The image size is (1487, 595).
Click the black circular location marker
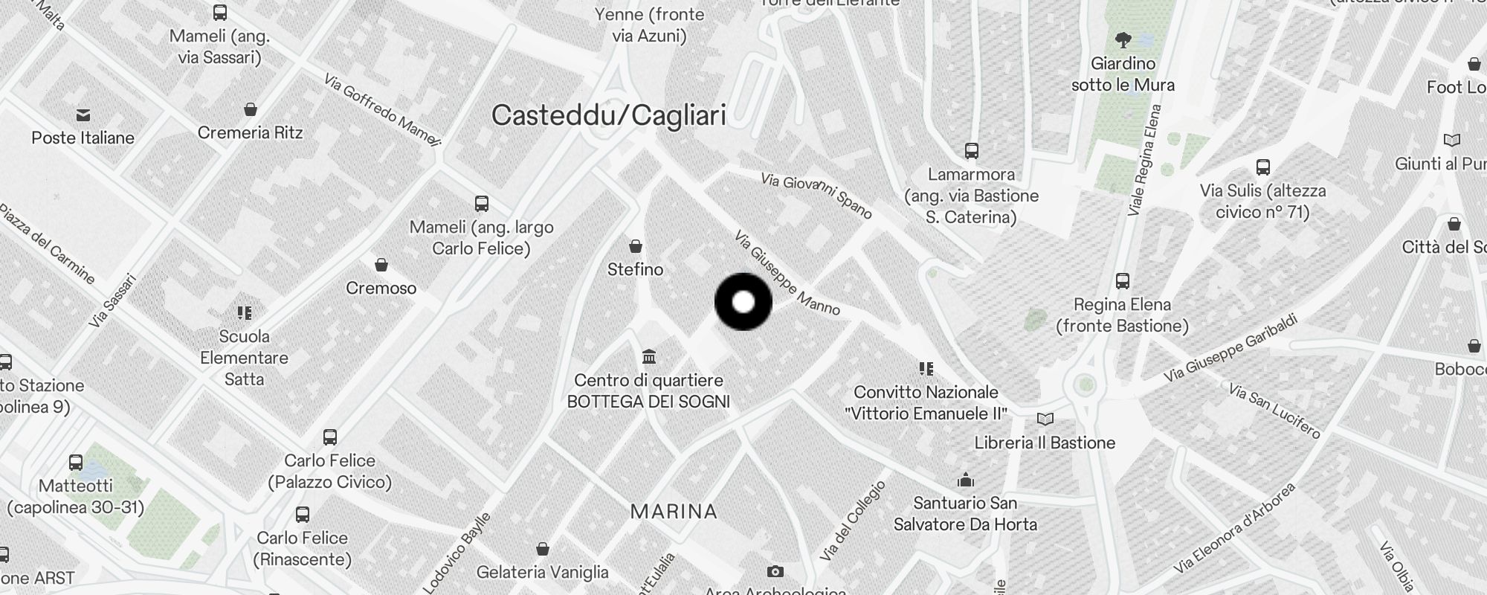coord(743,302)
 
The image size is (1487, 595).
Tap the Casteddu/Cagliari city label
coord(608,115)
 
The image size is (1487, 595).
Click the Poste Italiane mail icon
coord(83,115)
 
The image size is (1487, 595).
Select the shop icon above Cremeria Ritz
coord(251,110)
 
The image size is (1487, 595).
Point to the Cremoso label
coord(381,288)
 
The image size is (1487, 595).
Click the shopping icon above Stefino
coord(636,246)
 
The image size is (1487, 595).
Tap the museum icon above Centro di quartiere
coord(649,357)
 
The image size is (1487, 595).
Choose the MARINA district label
coord(674,512)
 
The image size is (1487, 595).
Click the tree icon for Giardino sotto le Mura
coord(1123,39)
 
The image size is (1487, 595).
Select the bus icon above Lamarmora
coord(971,151)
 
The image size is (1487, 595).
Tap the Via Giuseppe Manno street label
coord(787,273)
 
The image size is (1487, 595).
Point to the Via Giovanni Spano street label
coord(816,196)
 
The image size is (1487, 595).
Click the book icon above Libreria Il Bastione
coord(1045,419)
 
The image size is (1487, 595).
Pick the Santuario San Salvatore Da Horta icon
coord(965,480)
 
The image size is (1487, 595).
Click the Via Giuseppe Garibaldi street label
coord(1230,350)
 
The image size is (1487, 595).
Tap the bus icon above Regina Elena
coord(1123,281)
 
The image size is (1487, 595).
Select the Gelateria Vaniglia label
coord(542,572)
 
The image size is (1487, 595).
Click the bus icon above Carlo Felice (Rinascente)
coord(303,515)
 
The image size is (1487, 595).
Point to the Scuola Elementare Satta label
coord(244,358)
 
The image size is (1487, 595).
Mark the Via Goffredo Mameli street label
coord(382,110)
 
